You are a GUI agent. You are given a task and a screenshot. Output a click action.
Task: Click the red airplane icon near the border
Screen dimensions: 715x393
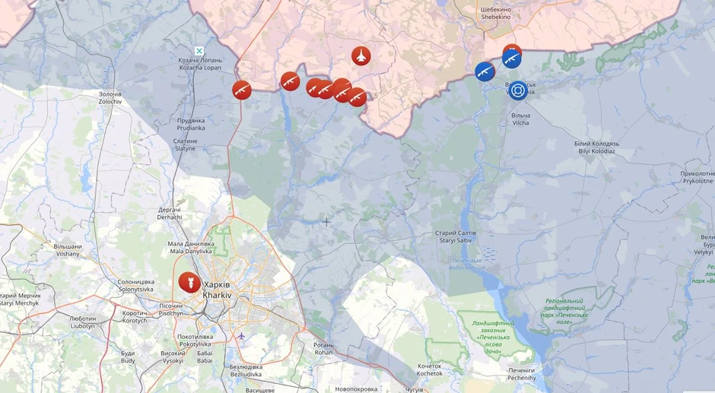point(361,55)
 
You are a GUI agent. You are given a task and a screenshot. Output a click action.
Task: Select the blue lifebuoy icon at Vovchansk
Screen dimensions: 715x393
point(518,90)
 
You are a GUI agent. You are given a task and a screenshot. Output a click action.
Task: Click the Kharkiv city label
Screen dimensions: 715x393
point(217,290)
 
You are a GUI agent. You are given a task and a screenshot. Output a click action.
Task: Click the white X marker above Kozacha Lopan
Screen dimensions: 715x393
point(199,51)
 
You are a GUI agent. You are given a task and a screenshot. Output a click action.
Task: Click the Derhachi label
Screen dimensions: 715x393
point(169,213)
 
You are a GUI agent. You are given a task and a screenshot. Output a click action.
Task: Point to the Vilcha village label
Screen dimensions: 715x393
point(521,119)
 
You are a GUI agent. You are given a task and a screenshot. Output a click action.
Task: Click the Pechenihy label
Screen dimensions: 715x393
point(522,374)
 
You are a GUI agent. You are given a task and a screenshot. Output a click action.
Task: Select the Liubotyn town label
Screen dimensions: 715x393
point(82,322)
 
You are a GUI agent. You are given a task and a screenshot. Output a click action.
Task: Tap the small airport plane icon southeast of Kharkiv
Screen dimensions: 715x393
point(242,335)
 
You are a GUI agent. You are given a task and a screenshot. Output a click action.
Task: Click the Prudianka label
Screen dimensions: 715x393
point(191,124)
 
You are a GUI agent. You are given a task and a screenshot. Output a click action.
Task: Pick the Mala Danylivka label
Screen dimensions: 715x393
point(190,247)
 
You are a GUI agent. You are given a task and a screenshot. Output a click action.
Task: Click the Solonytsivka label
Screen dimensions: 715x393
point(136,286)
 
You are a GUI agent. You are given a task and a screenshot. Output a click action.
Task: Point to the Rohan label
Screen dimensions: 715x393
point(323,348)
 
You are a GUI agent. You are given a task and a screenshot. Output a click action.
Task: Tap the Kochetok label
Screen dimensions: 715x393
point(430,370)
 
